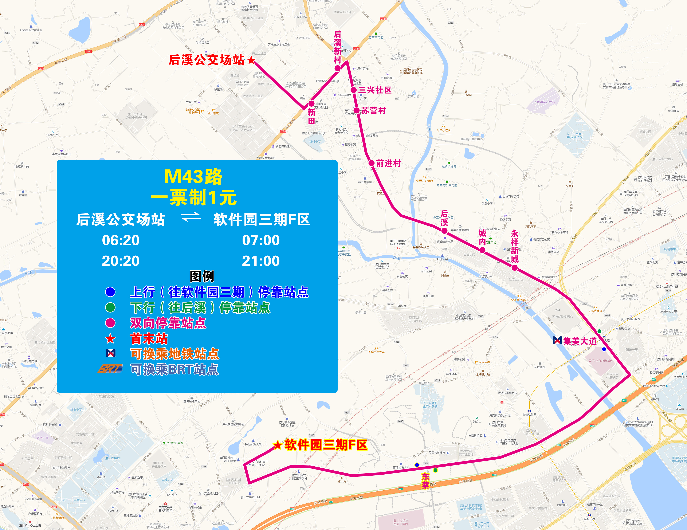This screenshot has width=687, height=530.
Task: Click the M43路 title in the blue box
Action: pos(193,177)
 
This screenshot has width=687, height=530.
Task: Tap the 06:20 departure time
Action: pos(121,240)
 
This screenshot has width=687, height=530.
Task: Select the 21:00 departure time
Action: pos(260,261)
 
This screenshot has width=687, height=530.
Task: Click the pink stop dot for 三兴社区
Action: pos(354,90)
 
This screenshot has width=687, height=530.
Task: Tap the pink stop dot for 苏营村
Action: pos(356,110)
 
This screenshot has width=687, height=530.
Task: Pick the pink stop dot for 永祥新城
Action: pos(515,268)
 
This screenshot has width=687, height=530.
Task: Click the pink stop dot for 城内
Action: pos(482,250)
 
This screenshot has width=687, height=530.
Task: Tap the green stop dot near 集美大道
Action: pos(599,331)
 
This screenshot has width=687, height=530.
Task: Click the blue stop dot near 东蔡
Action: pos(417,465)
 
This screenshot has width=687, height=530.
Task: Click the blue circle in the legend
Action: pos(110,292)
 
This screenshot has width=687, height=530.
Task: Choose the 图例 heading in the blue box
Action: pos(202,276)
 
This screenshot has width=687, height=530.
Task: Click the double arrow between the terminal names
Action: pos(191,217)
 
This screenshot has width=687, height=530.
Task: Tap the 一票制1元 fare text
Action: pos(193,197)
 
